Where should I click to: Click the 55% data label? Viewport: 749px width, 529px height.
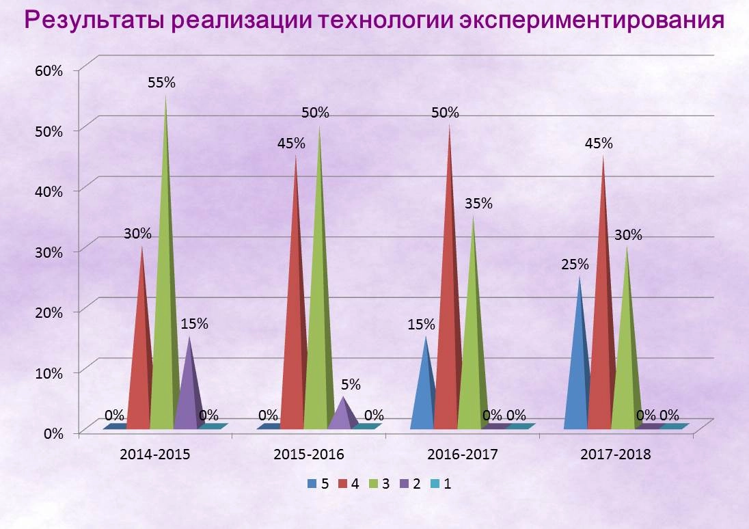[x=161, y=82]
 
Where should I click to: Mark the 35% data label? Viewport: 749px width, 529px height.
[x=478, y=203]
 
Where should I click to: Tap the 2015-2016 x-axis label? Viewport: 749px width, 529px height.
[x=308, y=455]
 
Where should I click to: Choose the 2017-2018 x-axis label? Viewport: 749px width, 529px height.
[x=616, y=455]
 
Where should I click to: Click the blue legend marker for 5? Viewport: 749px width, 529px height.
[x=312, y=485]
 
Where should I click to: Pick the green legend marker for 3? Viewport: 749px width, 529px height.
[x=373, y=485]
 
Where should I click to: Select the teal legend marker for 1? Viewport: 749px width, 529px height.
[x=435, y=485]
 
